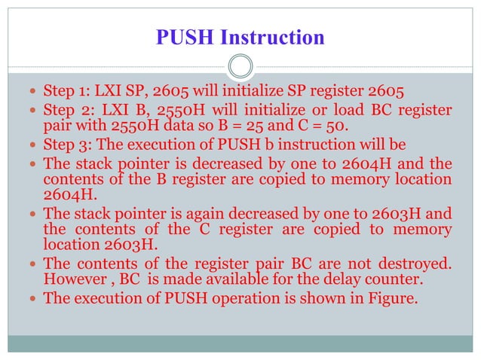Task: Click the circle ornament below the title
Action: (x=240, y=66)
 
